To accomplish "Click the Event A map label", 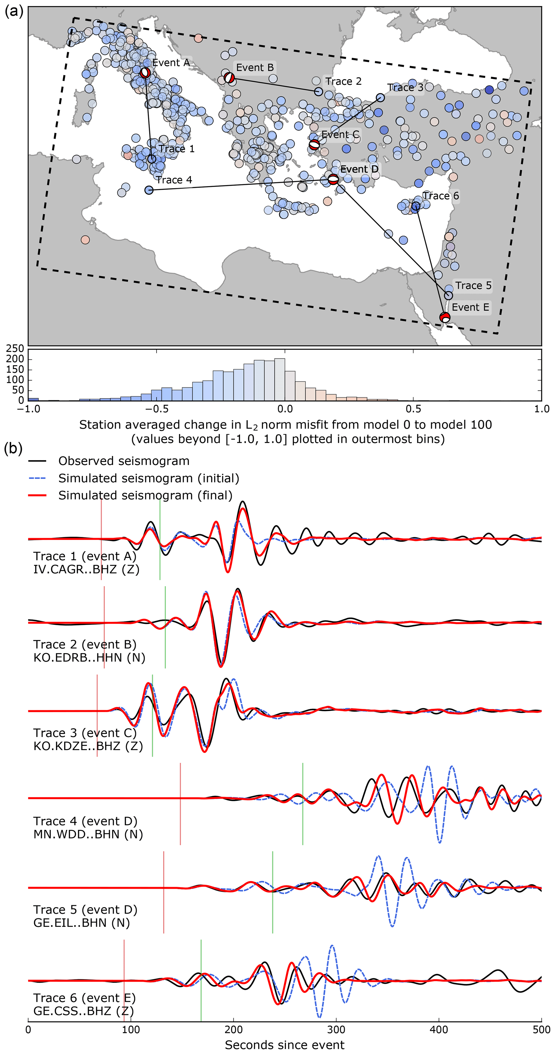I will (x=171, y=63).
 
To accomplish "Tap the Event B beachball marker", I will (x=229, y=77).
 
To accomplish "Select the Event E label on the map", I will (x=470, y=307).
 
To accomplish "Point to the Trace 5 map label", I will (x=473, y=285).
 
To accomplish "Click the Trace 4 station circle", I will (x=149, y=190).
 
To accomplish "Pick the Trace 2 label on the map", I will (x=343, y=81).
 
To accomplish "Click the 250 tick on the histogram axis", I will (x=15, y=349).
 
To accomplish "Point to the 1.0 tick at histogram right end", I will (x=541, y=409).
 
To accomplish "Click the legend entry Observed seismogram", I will (x=124, y=461).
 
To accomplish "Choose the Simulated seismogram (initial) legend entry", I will (x=148, y=478).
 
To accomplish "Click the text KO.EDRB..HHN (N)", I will (x=89, y=657).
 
